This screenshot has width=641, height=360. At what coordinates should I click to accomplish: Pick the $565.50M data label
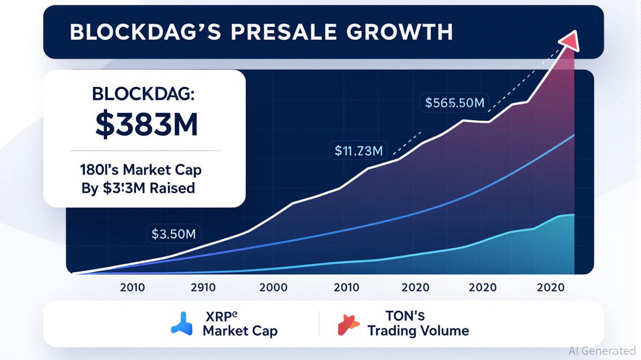[x=455, y=102]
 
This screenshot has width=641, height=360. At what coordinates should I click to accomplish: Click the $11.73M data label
[x=359, y=150]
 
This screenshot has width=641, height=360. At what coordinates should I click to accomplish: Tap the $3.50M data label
[x=174, y=233]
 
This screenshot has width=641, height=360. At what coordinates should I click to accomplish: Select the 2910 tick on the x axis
[x=203, y=287]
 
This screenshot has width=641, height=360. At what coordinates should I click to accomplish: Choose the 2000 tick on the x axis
[x=273, y=287]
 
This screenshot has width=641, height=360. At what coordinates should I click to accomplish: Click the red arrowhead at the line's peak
[x=568, y=40]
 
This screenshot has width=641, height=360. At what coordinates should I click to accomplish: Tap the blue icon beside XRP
[x=182, y=323]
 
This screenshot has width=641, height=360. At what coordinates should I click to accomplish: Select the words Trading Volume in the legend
[x=418, y=330]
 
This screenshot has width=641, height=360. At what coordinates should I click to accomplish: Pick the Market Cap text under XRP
[x=240, y=330]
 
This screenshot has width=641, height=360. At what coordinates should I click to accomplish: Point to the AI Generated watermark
[x=602, y=351]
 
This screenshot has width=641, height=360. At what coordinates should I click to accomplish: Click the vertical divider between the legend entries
[x=319, y=323]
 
